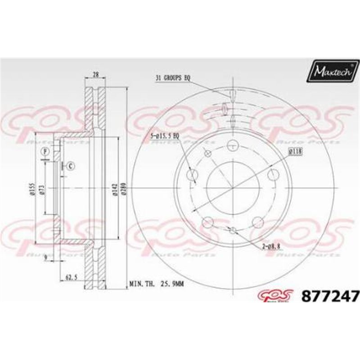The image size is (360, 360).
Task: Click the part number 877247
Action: (x=330, y=297)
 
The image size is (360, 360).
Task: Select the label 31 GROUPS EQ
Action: (x=173, y=78)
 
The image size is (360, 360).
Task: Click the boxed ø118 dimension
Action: (x=295, y=152)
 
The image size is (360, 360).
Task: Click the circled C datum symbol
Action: (x=71, y=166)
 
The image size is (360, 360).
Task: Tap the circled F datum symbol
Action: (x=45, y=151)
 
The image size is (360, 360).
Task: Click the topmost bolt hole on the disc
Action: (x=232, y=145)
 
